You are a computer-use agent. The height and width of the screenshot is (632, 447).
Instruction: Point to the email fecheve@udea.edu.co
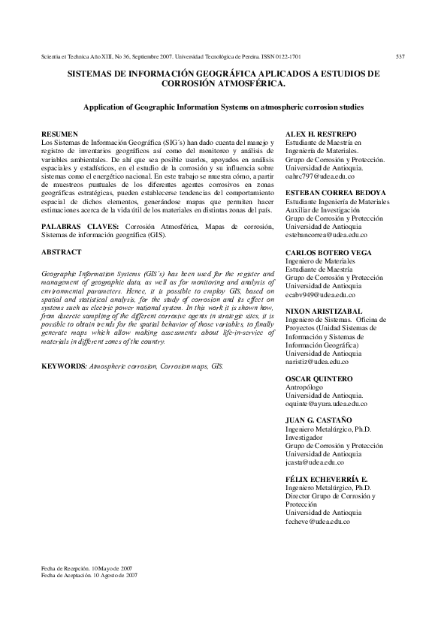coord(319,521)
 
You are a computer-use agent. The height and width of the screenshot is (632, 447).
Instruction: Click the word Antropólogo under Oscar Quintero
coord(305,387)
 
